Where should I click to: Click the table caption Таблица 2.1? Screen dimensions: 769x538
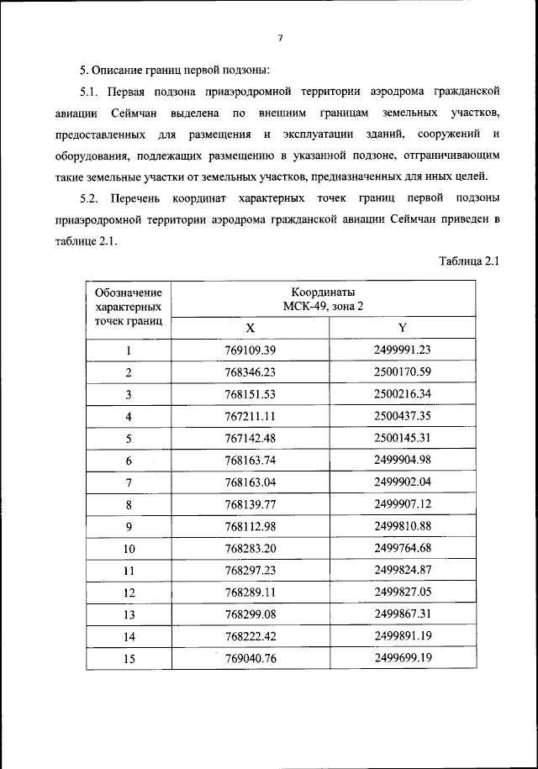(469, 261)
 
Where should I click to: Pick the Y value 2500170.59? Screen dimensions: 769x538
(403, 372)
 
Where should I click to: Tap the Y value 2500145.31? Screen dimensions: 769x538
(403, 438)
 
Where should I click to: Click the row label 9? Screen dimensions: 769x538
(129, 526)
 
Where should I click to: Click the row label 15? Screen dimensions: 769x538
(129, 658)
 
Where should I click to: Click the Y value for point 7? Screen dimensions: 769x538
(403, 482)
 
